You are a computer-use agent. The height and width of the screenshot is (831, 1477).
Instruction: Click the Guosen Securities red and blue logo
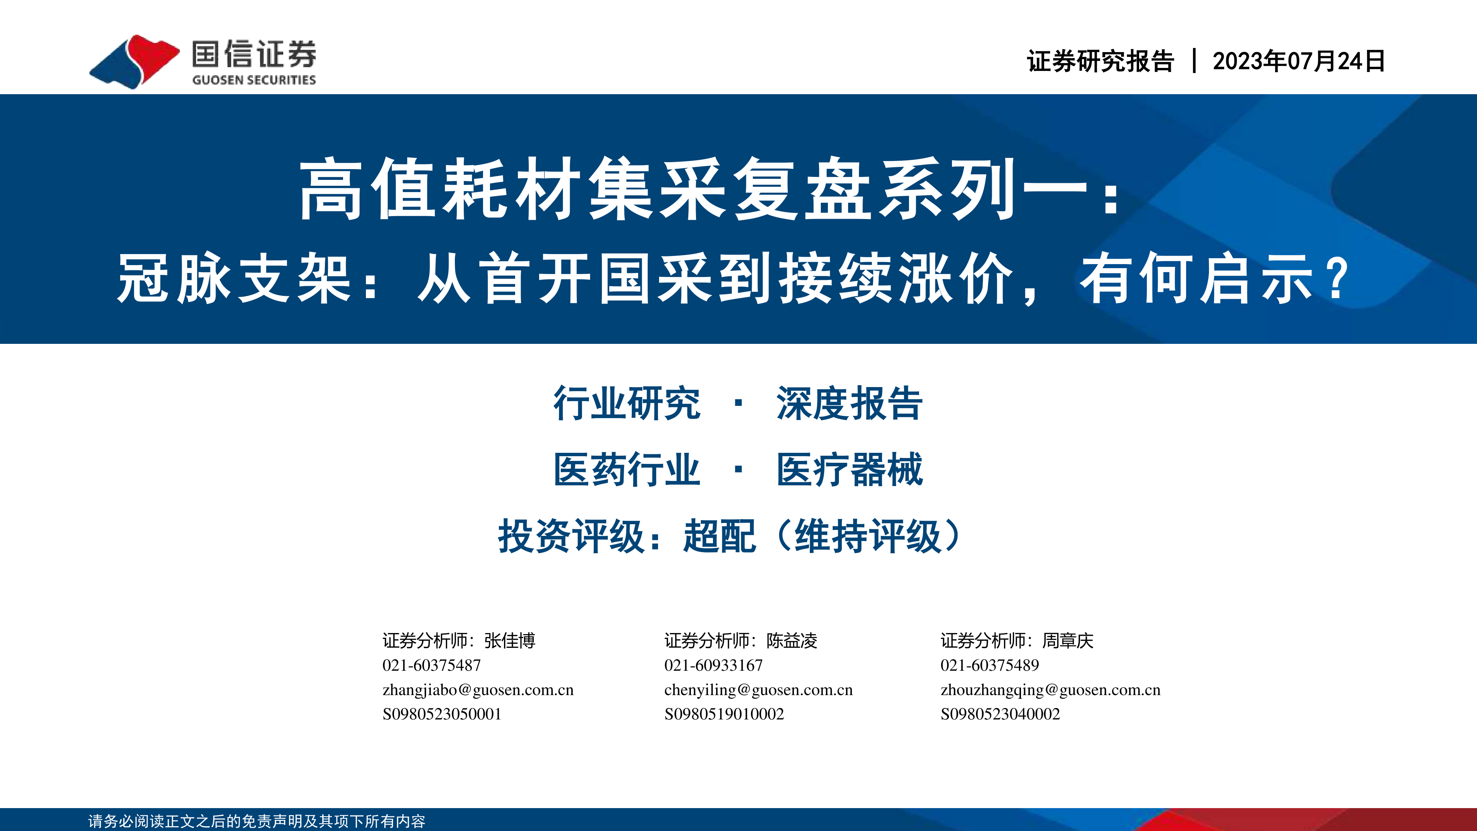tap(135, 61)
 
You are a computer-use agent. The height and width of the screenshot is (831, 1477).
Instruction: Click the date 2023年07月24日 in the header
tap(1299, 61)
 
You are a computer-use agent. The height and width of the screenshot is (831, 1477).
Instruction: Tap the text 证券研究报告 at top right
tap(1100, 61)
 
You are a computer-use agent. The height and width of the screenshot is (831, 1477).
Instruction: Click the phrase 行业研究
tap(627, 403)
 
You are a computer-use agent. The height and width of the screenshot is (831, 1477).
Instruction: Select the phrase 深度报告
tap(849, 403)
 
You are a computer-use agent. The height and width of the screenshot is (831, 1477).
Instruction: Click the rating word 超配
tap(720, 536)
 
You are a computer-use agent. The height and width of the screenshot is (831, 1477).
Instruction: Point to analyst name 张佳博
tap(510, 640)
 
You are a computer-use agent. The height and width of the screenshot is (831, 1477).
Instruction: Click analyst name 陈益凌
tap(792, 640)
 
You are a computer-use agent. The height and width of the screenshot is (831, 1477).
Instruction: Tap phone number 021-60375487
tap(432, 665)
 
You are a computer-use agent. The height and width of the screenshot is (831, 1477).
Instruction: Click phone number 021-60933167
tap(714, 665)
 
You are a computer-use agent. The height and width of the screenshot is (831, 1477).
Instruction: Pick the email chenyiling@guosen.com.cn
tap(758, 690)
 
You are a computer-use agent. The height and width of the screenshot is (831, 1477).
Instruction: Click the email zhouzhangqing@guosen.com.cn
tap(1051, 690)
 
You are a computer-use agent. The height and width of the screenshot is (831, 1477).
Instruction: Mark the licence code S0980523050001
tap(442, 714)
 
